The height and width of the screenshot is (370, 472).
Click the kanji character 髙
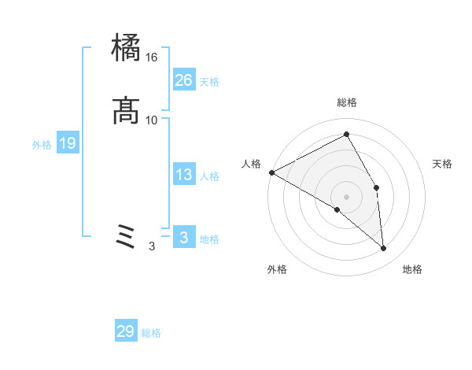coord(127,110)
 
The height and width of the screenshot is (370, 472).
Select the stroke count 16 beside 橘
coord(152,57)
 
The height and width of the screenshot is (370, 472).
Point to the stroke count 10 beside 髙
coord(152,120)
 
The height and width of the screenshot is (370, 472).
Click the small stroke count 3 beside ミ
coord(152,246)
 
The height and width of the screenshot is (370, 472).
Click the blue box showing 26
coord(184,80)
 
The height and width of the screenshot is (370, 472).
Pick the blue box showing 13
coord(184,175)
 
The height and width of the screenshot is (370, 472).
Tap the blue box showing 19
coord(68,143)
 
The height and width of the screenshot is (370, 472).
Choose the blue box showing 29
coord(126,331)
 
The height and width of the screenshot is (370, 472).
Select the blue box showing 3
coord(184,238)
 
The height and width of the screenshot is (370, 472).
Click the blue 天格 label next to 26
coord(209,82)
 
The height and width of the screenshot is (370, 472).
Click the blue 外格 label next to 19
coord(42,145)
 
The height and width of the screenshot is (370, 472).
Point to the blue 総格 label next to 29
coord(151,333)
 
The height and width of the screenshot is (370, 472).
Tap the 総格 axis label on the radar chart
coord(347,102)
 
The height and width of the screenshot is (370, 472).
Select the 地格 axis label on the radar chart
coord(412,270)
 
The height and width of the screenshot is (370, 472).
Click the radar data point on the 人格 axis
coord(271,172)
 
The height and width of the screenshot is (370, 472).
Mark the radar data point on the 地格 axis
coord(384,249)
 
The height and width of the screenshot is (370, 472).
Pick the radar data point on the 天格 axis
coord(377,187)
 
